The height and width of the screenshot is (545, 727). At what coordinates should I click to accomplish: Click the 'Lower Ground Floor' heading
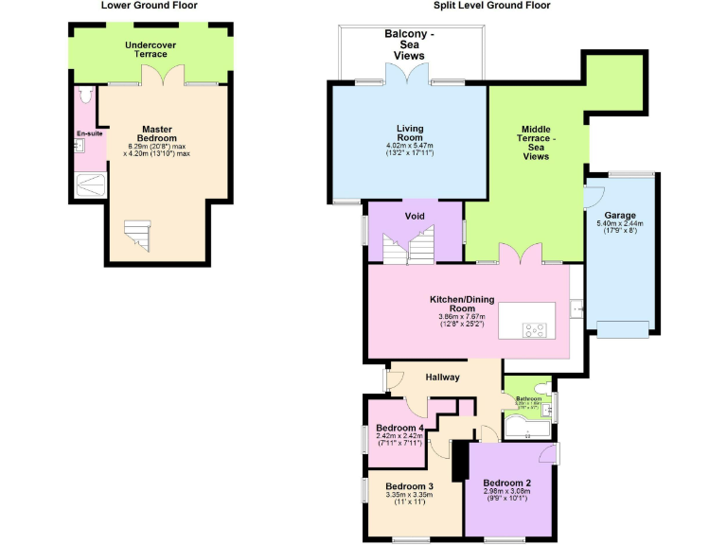point(150,6)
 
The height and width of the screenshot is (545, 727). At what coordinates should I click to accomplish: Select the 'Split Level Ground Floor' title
point(491,6)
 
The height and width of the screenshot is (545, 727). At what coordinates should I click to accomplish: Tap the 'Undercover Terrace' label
point(150,49)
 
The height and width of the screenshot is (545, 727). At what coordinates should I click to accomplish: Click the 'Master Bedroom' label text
point(156,133)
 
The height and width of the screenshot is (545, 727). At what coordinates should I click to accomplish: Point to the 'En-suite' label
point(90,133)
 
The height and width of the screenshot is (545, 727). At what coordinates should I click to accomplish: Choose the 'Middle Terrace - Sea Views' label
point(536,143)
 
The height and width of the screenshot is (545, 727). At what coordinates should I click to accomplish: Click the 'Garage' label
point(620,215)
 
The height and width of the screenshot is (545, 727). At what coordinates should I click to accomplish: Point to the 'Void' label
point(415,216)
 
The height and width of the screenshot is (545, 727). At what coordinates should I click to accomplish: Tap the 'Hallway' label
point(442,378)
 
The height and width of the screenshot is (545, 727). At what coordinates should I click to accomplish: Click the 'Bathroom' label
point(528,398)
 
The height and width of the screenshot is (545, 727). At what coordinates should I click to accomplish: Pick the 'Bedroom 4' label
point(398,428)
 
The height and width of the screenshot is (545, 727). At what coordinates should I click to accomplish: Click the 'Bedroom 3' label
point(409,486)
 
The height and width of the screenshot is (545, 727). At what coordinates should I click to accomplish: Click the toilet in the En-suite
point(86,96)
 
